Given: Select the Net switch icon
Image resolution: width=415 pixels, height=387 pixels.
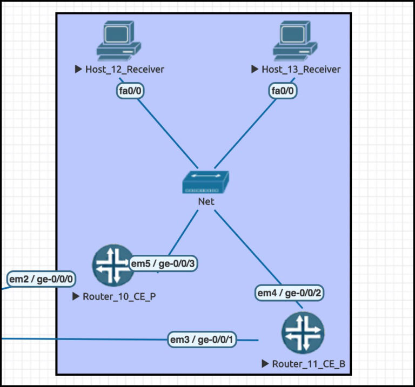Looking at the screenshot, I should [x=205, y=183].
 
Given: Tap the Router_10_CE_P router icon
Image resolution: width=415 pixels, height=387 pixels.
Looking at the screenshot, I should [x=113, y=265].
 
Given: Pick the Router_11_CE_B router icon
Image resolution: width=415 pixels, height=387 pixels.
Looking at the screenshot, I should [x=303, y=332].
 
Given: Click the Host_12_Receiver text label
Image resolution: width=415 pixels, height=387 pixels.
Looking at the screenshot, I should [x=124, y=69].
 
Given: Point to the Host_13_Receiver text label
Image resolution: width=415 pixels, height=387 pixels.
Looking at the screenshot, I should [x=301, y=69].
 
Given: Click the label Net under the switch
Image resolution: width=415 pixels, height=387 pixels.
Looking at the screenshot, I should [x=206, y=201].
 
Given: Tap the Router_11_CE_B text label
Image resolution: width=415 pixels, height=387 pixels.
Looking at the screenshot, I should [x=308, y=364].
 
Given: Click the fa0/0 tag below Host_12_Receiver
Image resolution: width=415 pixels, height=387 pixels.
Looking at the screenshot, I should [x=130, y=91].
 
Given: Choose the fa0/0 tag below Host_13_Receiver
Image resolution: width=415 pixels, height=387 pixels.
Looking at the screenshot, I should [x=283, y=91].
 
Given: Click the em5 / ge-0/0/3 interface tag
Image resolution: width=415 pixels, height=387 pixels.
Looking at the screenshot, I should [x=163, y=263].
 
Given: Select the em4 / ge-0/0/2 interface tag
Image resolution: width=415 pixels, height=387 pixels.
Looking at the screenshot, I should [x=290, y=293].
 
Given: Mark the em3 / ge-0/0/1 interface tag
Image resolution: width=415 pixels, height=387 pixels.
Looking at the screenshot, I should [x=202, y=340].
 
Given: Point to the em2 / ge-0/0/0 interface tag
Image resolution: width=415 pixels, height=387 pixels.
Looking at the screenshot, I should [x=42, y=279].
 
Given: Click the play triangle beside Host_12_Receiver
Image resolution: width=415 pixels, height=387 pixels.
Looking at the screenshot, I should [x=78, y=69].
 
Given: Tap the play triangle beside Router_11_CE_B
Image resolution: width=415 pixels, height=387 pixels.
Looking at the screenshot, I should [x=265, y=364].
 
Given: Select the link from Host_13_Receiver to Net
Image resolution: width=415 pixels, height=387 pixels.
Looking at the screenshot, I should [x=246, y=132].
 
